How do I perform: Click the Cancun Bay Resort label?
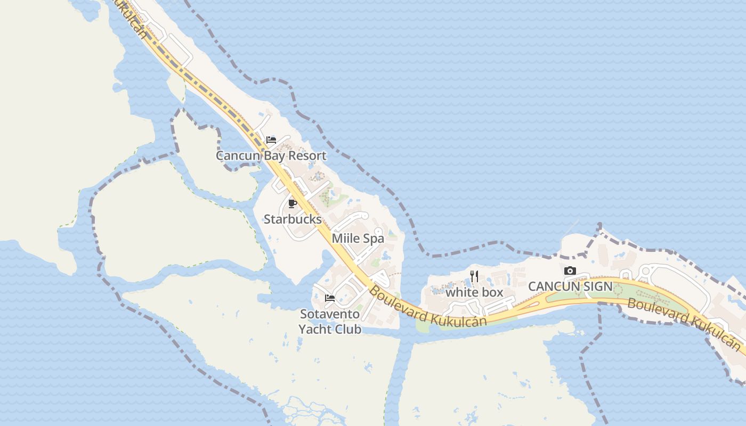click(x=271, y=155)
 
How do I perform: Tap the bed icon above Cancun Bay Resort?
click(x=271, y=140)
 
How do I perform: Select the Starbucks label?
click(x=293, y=219)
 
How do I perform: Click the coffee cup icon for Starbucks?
click(x=292, y=203)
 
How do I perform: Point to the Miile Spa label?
click(x=358, y=238)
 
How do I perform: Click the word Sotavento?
click(x=329, y=314)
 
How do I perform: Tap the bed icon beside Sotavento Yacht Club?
click(x=330, y=298)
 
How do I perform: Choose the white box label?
click(x=474, y=292)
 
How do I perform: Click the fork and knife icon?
click(x=474, y=276)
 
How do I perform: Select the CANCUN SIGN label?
click(x=570, y=286)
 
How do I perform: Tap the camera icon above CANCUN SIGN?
click(x=570, y=271)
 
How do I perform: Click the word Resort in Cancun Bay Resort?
click(x=305, y=155)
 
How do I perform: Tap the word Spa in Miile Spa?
click(x=374, y=238)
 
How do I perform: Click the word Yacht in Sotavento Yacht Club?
click(x=316, y=329)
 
